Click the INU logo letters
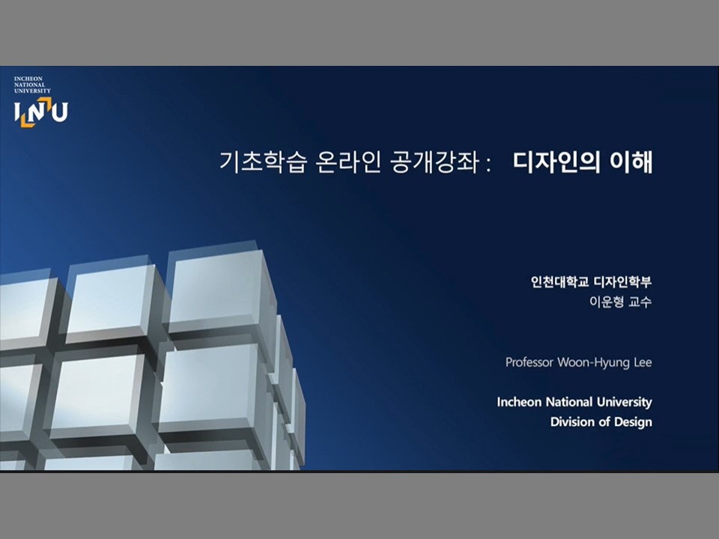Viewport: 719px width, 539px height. (x=40, y=112)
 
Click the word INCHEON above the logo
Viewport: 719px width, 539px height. (x=28, y=79)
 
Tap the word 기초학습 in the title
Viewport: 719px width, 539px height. (x=262, y=162)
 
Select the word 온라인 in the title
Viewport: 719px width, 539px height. (x=348, y=162)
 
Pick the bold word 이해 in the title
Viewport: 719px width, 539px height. (x=631, y=162)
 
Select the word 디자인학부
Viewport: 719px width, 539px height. (x=622, y=281)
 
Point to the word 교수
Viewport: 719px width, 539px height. (x=640, y=302)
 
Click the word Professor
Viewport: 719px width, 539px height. (x=530, y=362)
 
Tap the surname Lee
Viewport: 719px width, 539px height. (x=643, y=362)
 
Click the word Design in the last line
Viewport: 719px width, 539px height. (x=633, y=422)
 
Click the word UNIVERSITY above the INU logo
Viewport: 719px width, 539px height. (x=32, y=91)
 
